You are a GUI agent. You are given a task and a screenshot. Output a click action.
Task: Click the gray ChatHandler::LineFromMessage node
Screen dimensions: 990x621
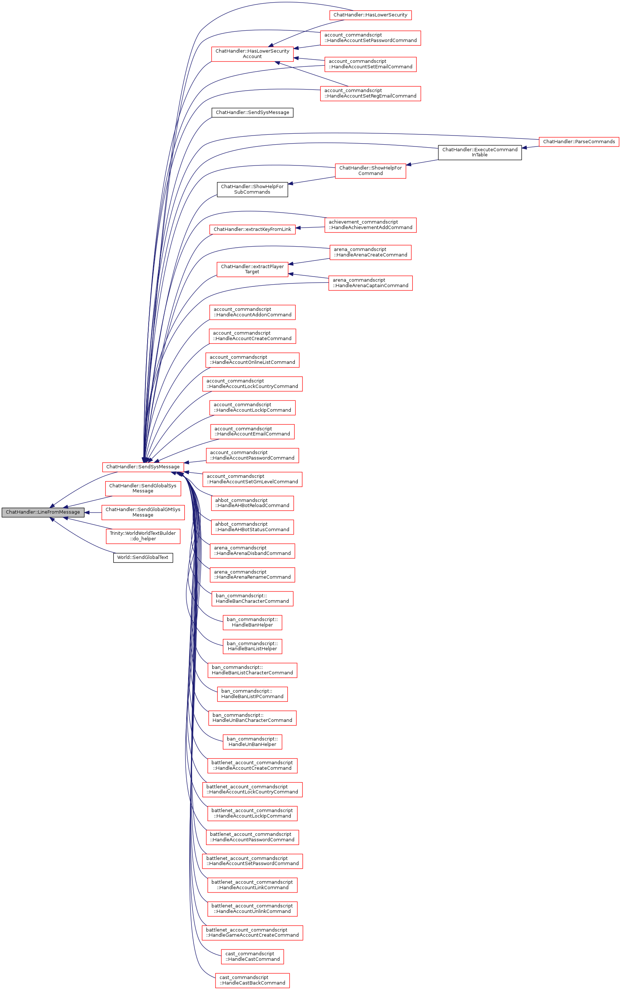(x=43, y=512)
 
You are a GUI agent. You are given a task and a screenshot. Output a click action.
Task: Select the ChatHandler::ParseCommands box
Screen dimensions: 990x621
(x=579, y=142)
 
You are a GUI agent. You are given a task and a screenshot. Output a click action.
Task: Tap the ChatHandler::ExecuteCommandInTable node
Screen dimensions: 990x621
(x=479, y=152)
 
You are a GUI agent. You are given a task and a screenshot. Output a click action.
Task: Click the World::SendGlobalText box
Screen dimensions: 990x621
(x=142, y=557)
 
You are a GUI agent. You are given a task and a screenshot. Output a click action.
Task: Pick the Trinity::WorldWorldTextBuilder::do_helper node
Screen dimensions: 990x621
(x=142, y=536)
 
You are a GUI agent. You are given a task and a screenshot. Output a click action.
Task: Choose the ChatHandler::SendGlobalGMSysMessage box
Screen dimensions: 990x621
(x=142, y=512)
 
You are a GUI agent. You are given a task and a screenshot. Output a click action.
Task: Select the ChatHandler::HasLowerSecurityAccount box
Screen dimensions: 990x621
(x=252, y=54)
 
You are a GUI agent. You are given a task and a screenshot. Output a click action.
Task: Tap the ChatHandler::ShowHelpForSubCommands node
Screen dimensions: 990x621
(x=252, y=189)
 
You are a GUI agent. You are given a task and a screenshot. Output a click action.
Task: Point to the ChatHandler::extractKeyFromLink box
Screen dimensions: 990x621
(x=252, y=229)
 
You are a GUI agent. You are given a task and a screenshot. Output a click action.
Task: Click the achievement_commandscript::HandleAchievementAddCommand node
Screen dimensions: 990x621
(x=370, y=225)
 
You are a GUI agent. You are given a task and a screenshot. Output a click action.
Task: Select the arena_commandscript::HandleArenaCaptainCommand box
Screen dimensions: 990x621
(x=370, y=283)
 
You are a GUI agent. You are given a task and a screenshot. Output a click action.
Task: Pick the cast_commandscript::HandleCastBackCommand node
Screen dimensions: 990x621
(x=252, y=980)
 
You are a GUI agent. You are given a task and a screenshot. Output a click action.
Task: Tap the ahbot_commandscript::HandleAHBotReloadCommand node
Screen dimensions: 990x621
(x=252, y=503)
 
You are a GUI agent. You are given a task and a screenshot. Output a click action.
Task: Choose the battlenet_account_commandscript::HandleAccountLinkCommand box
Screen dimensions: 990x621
(x=252, y=884)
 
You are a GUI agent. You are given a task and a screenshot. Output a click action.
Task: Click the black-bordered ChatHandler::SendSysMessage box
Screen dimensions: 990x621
(x=252, y=112)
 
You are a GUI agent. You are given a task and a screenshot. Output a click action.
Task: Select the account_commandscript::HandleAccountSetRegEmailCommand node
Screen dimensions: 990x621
(x=370, y=93)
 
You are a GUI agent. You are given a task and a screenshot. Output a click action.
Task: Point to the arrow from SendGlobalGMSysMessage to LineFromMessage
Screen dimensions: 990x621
(x=93, y=513)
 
